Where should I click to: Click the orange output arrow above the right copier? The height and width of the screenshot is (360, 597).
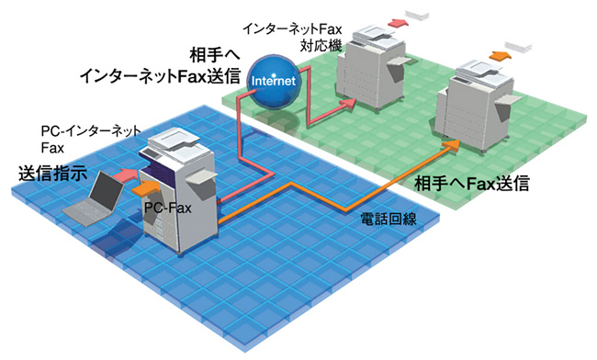coord(501,55)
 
